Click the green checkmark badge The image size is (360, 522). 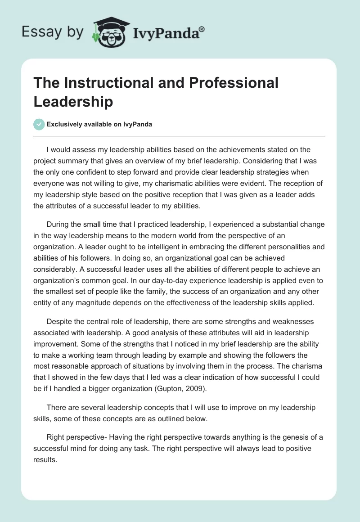tap(39, 124)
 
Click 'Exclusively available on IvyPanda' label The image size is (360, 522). tap(99, 124)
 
